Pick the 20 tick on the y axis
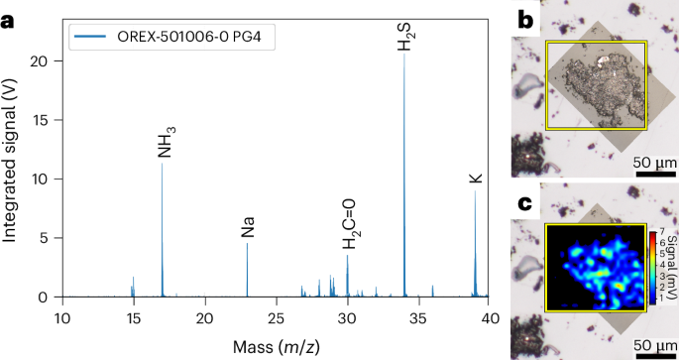(45, 61)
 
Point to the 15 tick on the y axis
(45, 120)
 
